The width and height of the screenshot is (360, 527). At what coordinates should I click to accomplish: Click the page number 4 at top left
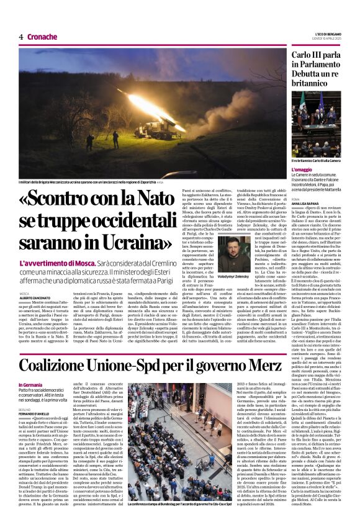click(x=20, y=37)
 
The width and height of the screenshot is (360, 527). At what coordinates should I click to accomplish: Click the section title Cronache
click(x=42, y=37)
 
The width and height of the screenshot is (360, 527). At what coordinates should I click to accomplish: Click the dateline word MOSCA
click(x=24, y=293)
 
